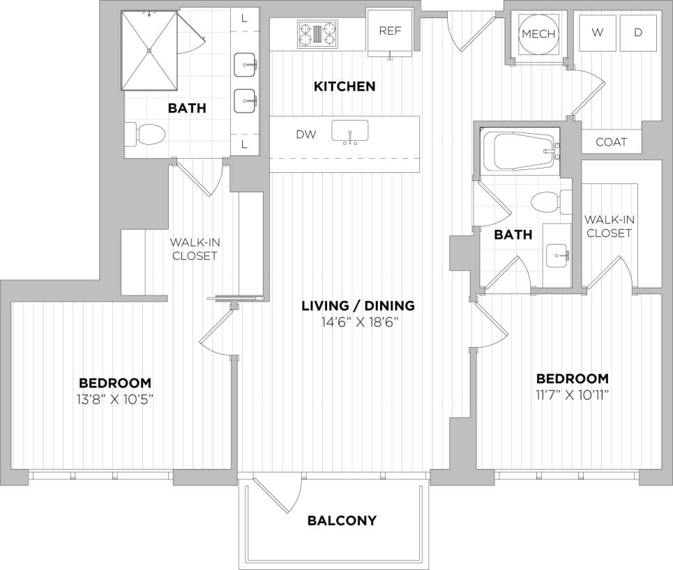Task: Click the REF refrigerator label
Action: pyautogui.click(x=388, y=31)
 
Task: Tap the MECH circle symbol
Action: pyautogui.click(x=538, y=34)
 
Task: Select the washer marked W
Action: pyautogui.click(x=598, y=33)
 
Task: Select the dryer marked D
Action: pyautogui.click(x=637, y=33)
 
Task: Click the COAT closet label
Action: pyautogui.click(x=611, y=142)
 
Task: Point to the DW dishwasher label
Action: pyautogui.click(x=305, y=134)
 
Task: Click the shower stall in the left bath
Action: pyautogui.click(x=149, y=50)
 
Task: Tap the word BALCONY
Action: pyautogui.click(x=342, y=521)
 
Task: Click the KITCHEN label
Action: pyautogui.click(x=345, y=86)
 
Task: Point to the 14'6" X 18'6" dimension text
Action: pyautogui.click(x=358, y=322)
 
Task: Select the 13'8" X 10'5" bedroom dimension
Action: pyautogui.click(x=115, y=399)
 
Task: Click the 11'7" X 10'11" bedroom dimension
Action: pyautogui.click(x=572, y=395)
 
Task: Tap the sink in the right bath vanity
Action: pyautogui.click(x=557, y=254)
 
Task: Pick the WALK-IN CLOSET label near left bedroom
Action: pyautogui.click(x=194, y=249)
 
